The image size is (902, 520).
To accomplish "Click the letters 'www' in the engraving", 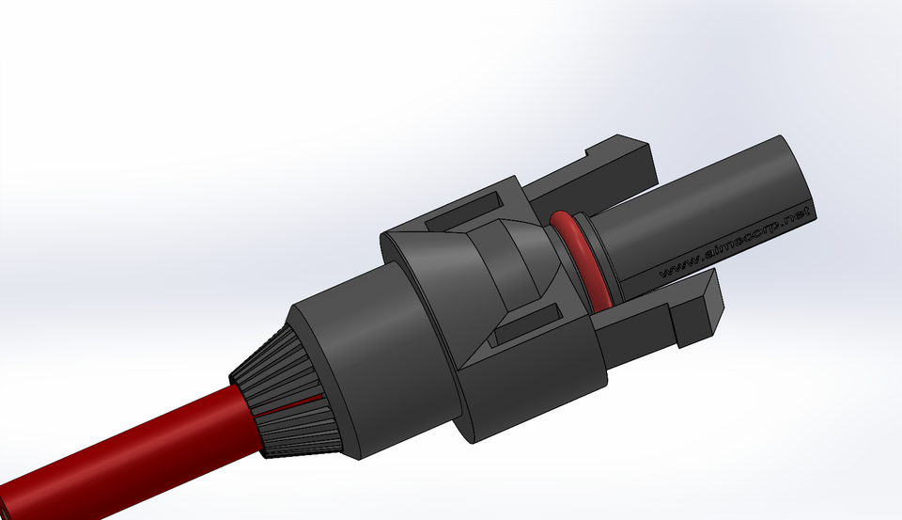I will coord(675,268).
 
